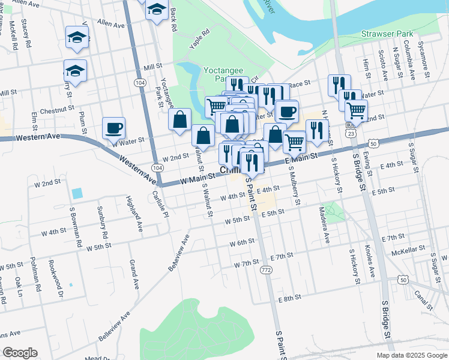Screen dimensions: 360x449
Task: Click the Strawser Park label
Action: tap(385, 34)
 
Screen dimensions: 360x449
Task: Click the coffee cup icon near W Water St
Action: tap(113, 128)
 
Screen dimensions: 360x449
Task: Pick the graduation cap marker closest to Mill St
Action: tap(75, 71)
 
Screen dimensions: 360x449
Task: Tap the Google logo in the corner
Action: tap(20, 353)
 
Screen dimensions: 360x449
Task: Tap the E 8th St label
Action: tap(289, 298)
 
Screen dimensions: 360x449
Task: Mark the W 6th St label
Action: tap(243, 242)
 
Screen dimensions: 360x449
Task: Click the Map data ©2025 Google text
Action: tap(412, 355)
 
